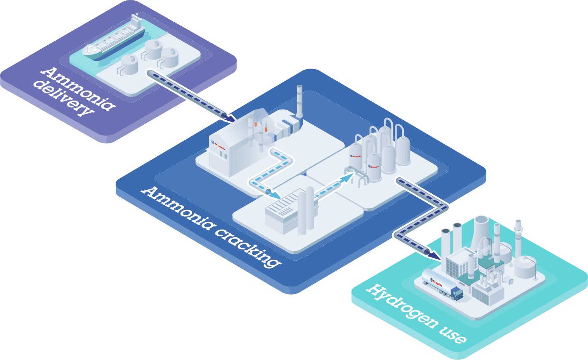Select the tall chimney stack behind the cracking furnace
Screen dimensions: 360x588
299,100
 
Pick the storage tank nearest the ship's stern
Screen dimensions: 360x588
129,64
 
